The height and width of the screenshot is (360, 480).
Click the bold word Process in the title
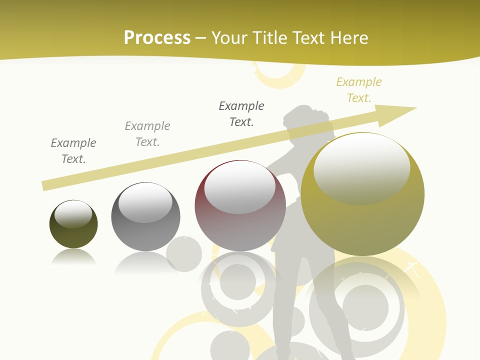pos(157,38)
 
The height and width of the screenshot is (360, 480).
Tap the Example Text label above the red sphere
pos(241,113)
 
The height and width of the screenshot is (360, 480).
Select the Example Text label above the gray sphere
pos(147,133)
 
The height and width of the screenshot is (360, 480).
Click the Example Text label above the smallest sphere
pos(73,150)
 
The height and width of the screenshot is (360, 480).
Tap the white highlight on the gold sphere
pos(361,167)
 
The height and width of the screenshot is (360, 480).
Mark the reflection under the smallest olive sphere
pos(74,257)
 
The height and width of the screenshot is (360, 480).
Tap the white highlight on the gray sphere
pos(145,202)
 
